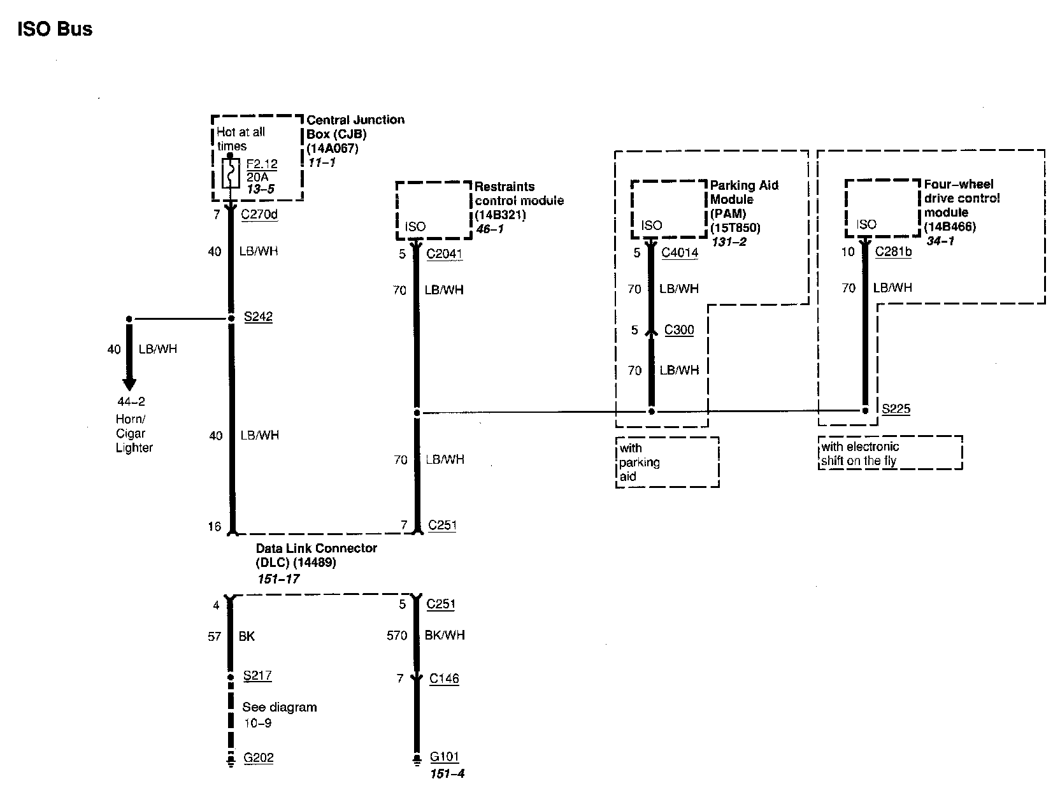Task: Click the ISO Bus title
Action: point(55,29)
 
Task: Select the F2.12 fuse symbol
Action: point(230,173)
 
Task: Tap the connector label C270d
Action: point(259,214)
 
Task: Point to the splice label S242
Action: point(258,317)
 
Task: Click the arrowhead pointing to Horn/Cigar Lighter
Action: point(129,384)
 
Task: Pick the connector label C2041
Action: point(444,254)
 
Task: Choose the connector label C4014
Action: point(679,252)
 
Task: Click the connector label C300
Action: point(678,330)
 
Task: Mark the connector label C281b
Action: point(893,252)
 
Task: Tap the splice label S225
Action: point(896,408)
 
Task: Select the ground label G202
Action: point(258,757)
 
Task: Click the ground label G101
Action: point(444,757)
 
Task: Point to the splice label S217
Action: point(257,675)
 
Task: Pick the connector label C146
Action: point(444,678)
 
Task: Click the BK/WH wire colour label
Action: point(445,635)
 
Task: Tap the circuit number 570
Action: point(397,635)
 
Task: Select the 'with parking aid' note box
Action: point(667,462)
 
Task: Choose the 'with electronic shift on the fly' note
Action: point(890,454)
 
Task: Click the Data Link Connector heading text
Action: point(316,548)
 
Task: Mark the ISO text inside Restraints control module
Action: point(415,227)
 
